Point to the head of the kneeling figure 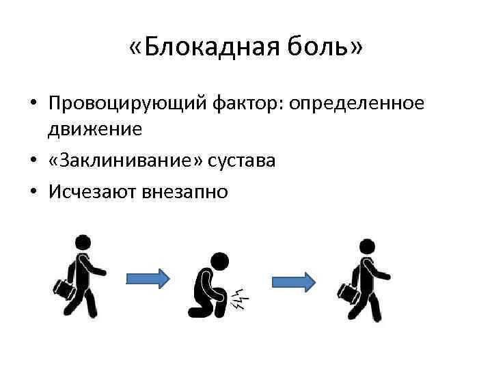[x=221, y=260]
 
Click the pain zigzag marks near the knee [x=240, y=297]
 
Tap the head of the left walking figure [x=82, y=242]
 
